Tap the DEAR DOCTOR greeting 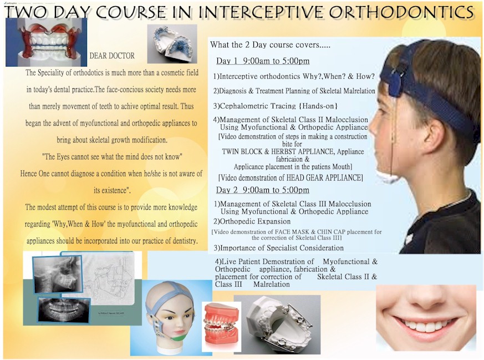(112, 56)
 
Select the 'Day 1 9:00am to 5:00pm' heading (263, 61)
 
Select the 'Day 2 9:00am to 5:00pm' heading (262, 190)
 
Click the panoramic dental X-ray (64, 309)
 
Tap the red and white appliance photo (47, 42)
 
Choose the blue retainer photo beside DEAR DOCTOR (172, 44)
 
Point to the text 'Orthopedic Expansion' (255, 221)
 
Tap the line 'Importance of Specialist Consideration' (282, 248)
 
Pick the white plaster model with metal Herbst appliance (277, 324)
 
